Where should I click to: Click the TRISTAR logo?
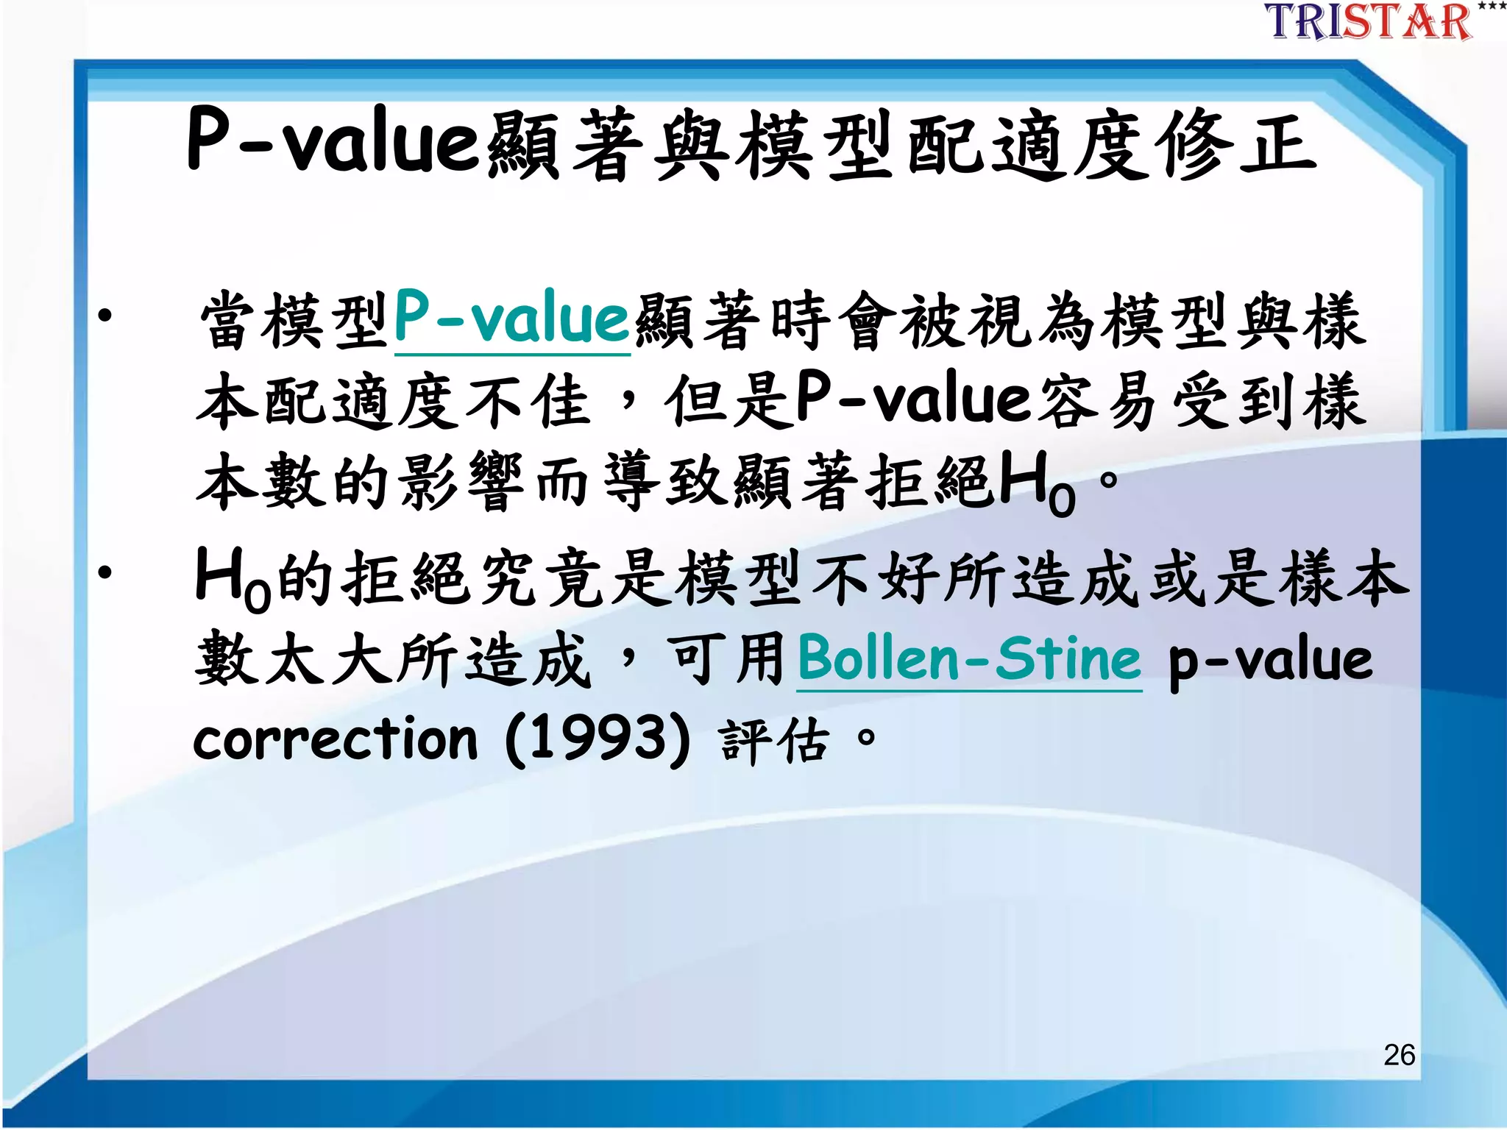click(x=1368, y=21)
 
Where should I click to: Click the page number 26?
click(x=1399, y=1055)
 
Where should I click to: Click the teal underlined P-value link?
click(x=512, y=319)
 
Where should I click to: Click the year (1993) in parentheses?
click(x=598, y=739)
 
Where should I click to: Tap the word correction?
click(x=336, y=739)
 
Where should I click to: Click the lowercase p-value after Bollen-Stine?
click(x=1270, y=659)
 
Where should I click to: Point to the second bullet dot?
click(x=105, y=572)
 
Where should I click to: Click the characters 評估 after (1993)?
click(x=774, y=740)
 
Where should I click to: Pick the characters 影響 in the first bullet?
click(x=461, y=483)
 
